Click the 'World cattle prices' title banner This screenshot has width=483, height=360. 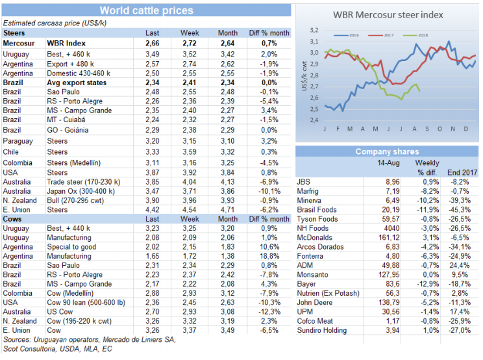pyautogui.click(x=146, y=10)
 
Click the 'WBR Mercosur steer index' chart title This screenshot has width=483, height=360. pyautogui.click(x=388, y=14)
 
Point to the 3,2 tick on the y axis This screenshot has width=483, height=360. pyautogui.click(x=314, y=30)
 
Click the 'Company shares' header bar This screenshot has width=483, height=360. pyautogui.click(x=388, y=151)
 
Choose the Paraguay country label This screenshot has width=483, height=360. pyautogui.click(x=18, y=141)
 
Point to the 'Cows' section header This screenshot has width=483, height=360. pyautogui.click(x=14, y=219)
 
